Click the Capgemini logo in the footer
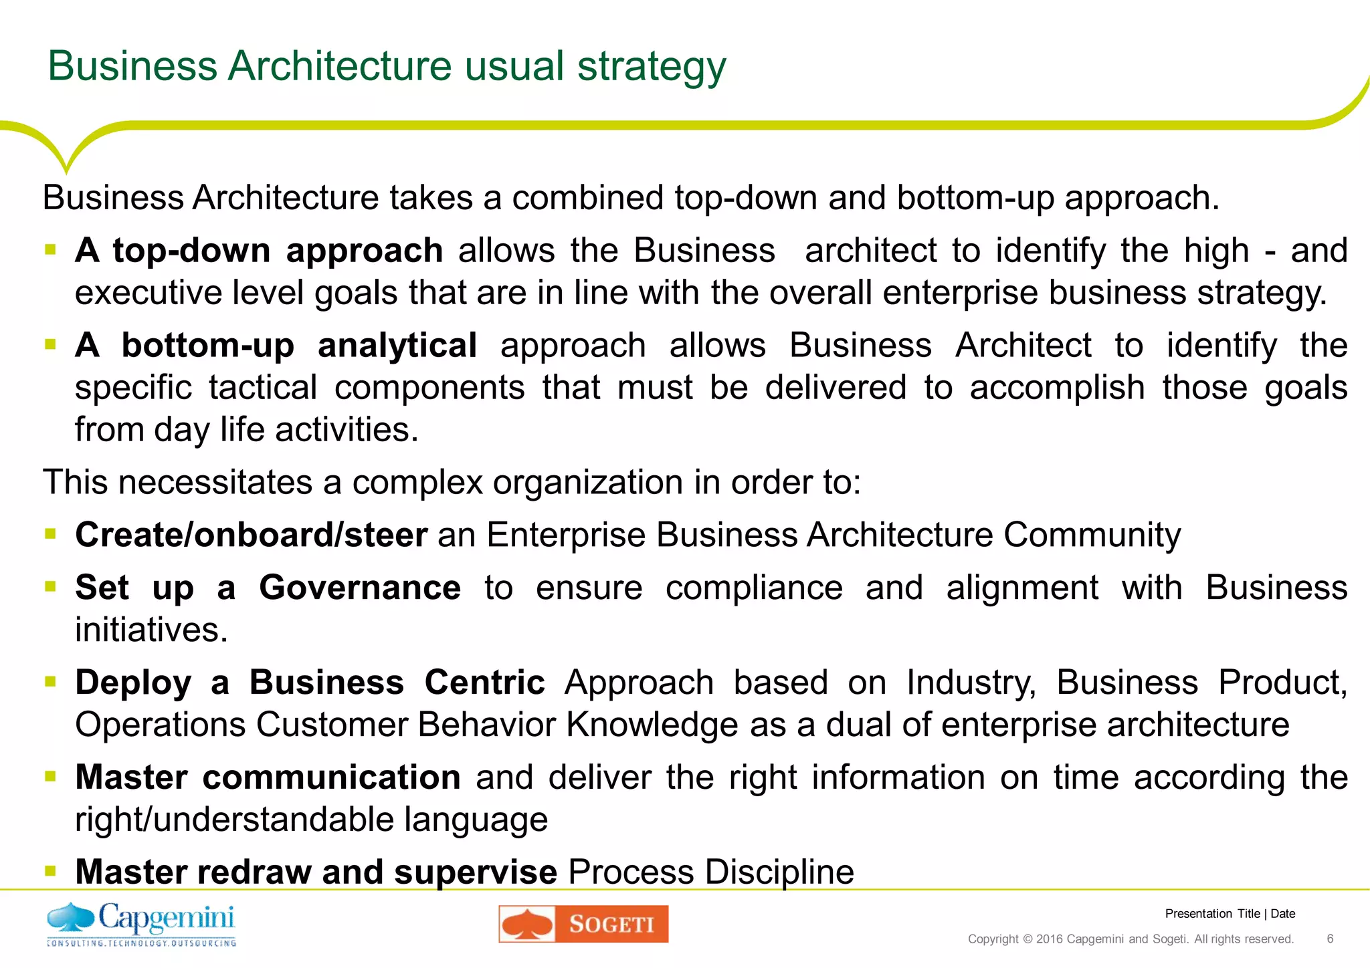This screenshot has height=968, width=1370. [141, 924]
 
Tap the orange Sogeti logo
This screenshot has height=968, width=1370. [583, 924]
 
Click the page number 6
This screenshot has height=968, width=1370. [1330, 939]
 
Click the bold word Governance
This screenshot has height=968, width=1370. [360, 588]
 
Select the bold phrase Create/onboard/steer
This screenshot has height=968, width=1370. [251, 535]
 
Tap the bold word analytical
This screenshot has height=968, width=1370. [397, 346]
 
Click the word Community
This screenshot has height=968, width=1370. [1092, 535]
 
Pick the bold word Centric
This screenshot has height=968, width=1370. [484, 683]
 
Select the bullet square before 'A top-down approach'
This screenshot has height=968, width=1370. [50, 250]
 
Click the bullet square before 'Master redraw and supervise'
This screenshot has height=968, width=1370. [50, 870]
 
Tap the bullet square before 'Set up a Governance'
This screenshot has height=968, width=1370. [50, 587]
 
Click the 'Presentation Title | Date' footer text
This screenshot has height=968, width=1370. [1230, 914]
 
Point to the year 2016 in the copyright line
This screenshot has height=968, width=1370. [1049, 939]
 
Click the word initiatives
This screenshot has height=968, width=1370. [151, 630]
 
